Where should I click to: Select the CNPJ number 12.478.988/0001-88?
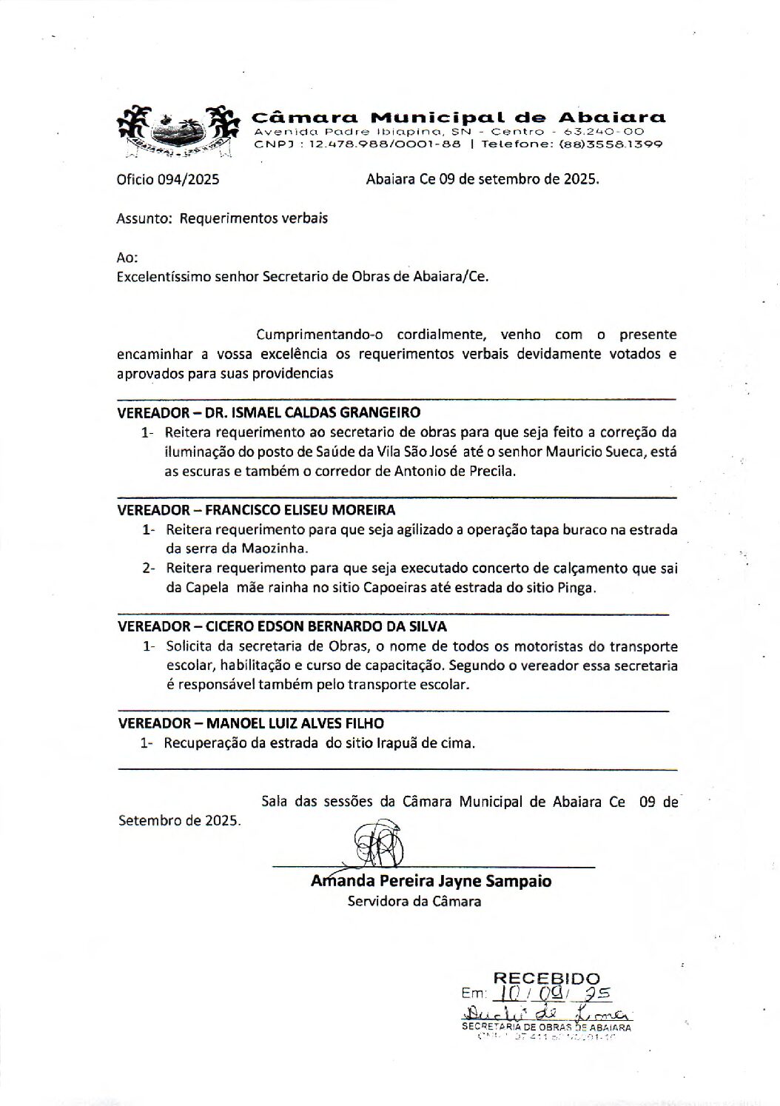point(384,144)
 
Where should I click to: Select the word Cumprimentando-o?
point(314,335)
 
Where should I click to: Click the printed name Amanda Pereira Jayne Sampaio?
point(431,882)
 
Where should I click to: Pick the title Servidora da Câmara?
point(414,902)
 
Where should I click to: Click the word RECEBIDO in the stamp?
point(546,978)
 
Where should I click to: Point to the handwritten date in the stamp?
point(554,993)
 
